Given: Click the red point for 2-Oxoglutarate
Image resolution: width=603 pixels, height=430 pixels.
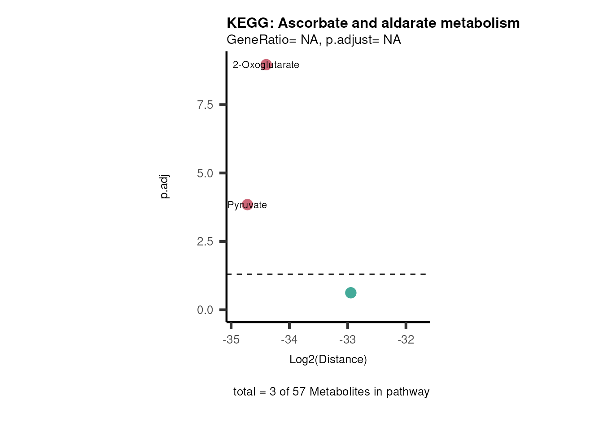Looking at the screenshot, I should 266,65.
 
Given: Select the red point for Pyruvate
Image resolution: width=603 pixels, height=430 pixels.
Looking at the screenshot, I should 247,205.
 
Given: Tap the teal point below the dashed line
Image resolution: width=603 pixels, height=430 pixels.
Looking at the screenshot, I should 351,292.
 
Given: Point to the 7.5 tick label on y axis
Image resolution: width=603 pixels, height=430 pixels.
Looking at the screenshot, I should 205,105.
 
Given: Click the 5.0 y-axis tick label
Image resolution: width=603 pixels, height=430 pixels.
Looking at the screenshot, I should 205,173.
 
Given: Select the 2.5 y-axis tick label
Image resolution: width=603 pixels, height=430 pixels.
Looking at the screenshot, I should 205,242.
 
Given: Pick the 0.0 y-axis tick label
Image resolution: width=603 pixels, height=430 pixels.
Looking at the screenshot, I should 205,310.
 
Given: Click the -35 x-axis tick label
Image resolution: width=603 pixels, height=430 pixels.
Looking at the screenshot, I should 231,340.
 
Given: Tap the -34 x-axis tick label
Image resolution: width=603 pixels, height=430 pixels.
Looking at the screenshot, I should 289,340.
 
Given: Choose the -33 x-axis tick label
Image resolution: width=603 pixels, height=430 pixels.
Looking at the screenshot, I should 348,340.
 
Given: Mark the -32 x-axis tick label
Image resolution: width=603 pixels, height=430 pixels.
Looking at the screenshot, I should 406,340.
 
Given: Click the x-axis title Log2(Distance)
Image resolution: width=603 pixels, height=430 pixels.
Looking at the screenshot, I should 328,359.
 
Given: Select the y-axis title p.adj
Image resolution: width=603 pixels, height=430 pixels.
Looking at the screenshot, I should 164,187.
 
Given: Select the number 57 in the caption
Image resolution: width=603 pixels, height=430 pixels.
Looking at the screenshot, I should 299,391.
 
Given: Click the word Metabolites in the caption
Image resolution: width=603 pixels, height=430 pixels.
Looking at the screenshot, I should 339,391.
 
